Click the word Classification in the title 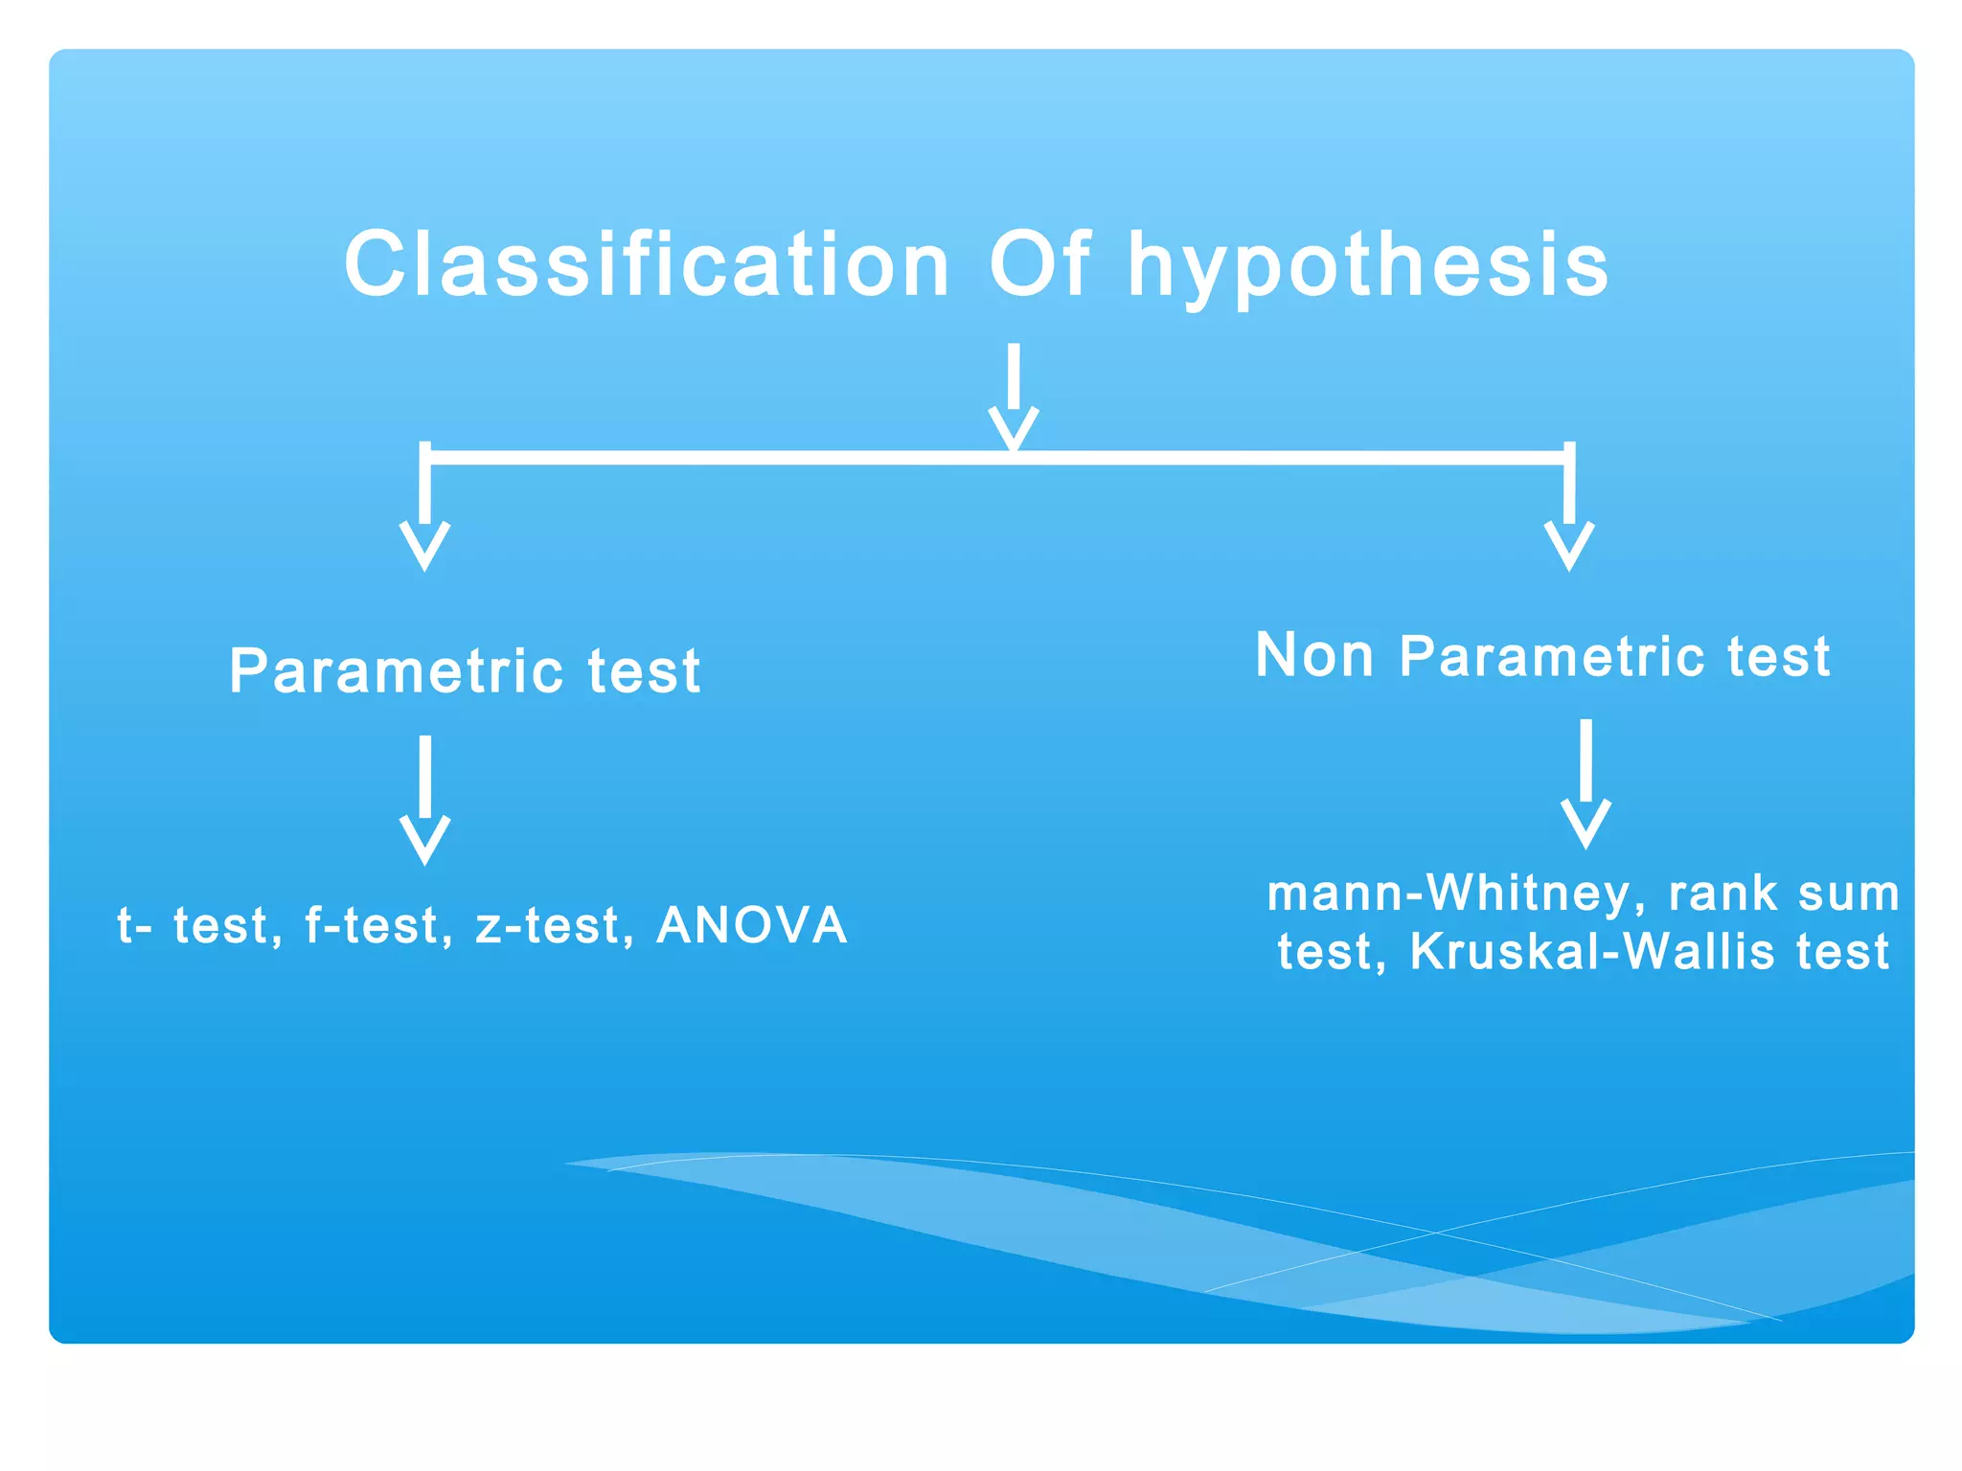click(x=647, y=265)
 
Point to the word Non click(x=1313, y=656)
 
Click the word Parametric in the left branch click(x=396, y=671)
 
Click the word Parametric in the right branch click(x=1551, y=657)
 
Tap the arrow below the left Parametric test click(x=424, y=800)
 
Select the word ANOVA click(x=752, y=926)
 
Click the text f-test click(x=377, y=926)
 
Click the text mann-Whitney click(x=1455, y=894)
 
